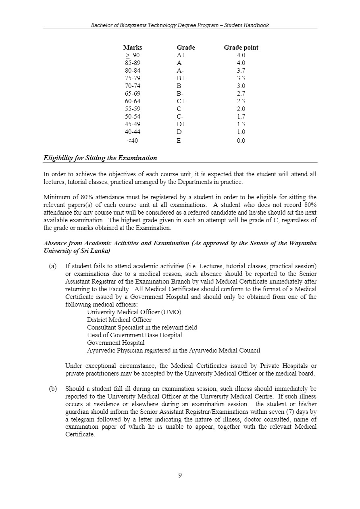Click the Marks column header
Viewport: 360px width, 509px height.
(x=133, y=48)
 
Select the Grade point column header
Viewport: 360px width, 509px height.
(x=241, y=48)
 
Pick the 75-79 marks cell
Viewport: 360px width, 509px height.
(x=133, y=78)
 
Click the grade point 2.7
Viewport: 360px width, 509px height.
(x=241, y=94)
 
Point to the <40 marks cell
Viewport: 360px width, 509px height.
(x=133, y=141)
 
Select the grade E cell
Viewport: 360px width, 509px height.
(x=179, y=141)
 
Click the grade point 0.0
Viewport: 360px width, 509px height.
(x=241, y=141)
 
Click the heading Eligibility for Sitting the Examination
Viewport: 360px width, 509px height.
(x=100, y=158)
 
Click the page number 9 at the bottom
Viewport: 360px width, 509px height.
(x=180, y=475)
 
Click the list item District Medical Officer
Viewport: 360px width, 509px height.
(x=119, y=320)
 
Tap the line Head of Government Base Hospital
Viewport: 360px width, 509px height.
(x=134, y=335)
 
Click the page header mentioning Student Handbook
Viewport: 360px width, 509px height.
(x=180, y=25)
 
